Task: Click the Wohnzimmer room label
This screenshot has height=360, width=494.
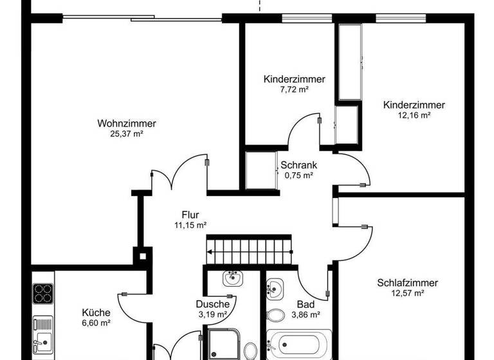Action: pos(127,123)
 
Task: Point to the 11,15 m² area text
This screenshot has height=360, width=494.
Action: pos(190,225)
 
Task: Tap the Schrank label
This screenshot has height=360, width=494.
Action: pos(298,165)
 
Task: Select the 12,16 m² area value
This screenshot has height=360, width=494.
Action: pos(414,116)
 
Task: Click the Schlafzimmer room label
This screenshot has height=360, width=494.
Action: pos(408,283)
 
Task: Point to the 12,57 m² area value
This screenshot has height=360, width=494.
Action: pos(408,293)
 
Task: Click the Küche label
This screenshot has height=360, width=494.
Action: pos(96,312)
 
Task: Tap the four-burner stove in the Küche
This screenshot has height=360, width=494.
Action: pos(42,294)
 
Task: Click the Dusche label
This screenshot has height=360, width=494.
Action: pos(213,304)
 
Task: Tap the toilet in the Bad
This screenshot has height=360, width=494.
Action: pos(277,315)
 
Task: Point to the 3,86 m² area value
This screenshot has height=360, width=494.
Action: pos(306,315)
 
